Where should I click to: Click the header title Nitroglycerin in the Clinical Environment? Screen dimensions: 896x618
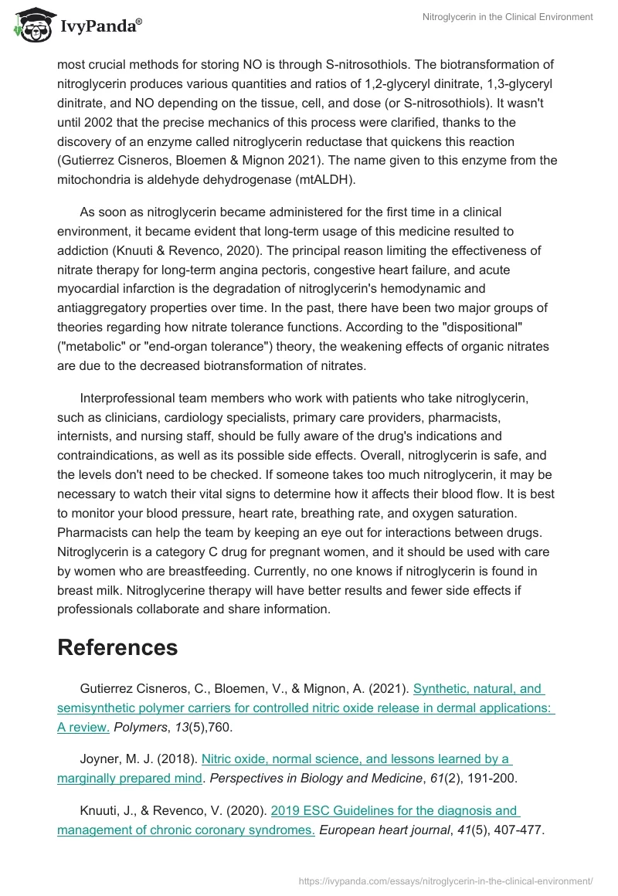pos(508,17)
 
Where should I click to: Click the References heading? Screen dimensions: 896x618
pos(117,647)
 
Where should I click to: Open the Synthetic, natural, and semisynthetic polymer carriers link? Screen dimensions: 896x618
pos(306,707)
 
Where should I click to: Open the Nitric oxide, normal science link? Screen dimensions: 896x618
pos(284,759)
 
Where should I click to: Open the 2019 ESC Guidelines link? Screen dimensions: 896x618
pos(288,821)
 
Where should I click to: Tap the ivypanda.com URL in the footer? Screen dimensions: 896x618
pos(446,880)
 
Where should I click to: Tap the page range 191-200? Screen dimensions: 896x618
pos(491,779)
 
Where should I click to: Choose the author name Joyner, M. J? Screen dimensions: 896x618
pos(113,759)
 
